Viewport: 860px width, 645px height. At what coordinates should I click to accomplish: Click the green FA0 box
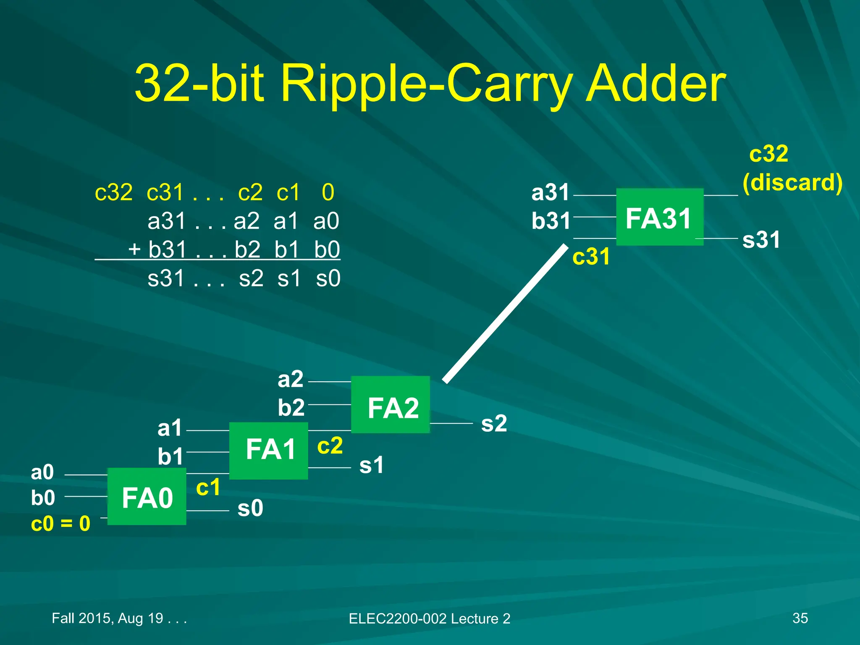tap(147, 497)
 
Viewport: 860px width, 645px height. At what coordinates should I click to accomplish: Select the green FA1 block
tap(269, 451)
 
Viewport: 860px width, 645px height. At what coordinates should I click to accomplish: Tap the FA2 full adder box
tap(391, 405)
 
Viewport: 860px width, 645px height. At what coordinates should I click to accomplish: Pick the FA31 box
tap(659, 217)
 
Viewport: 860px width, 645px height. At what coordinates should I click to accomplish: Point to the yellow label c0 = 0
tap(60, 524)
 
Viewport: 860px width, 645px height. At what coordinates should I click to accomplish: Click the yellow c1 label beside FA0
tap(208, 487)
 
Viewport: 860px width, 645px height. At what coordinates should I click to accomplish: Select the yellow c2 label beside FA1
tap(330, 446)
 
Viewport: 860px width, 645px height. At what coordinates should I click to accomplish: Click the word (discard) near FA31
tap(792, 183)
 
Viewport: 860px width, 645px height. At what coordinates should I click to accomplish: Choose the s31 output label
tap(761, 240)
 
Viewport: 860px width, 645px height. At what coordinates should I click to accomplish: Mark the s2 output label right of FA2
tap(494, 423)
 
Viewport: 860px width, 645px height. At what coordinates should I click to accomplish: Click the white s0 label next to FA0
tap(250, 508)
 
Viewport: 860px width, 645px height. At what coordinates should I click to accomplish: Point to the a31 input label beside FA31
tap(550, 193)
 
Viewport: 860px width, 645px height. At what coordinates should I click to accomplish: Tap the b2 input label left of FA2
tap(291, 407)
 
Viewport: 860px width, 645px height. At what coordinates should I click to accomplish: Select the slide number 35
tap(800, 618)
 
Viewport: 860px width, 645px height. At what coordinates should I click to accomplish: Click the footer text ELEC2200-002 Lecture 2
tap(429, 619)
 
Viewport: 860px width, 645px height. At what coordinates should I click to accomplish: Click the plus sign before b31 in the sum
tap(134, 249)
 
